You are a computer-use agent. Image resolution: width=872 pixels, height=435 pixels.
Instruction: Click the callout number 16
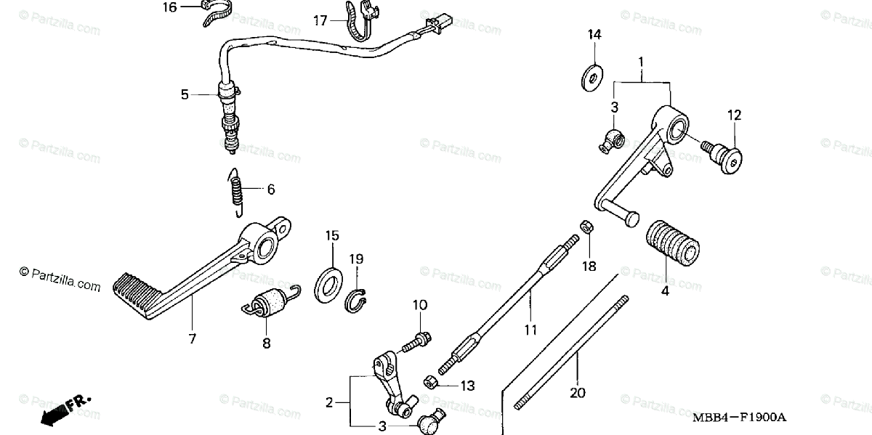point(169,7)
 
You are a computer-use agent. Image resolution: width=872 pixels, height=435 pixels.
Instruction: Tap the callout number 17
point(320,20)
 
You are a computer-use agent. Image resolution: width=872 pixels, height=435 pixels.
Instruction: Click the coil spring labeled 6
point(236,192)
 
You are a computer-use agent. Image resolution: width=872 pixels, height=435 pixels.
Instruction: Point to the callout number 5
point(185,94)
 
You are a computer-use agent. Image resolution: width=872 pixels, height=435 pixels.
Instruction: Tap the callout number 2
point(328,402)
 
